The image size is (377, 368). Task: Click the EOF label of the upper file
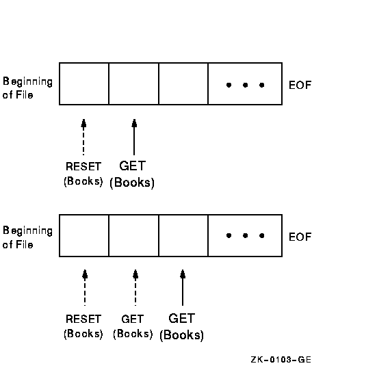click(x=300, y=86)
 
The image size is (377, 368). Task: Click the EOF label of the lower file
click(x=300, y=237)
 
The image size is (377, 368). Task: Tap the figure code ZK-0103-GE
click(x=281, y=360)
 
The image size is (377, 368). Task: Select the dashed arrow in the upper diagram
click(x=83, y=137)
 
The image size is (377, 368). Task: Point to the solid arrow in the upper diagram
click(x=134, y=137)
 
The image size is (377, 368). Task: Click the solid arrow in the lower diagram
click(x=183, y=287)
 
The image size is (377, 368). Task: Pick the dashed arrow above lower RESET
click(x=85, y=287)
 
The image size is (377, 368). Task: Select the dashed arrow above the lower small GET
click(x=135, y=287)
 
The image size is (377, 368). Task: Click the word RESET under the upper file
click(x=83, y=166)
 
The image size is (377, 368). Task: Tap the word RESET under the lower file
click(x=83, y=319)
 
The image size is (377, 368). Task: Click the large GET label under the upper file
click(x=133, y=166)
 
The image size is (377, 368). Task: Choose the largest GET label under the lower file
click(x=182, y=319)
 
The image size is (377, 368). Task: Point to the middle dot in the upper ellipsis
click(x=245, y=85)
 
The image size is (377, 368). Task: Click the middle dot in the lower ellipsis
click(x=245, y=235)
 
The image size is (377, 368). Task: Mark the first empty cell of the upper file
click(x=84, y=83)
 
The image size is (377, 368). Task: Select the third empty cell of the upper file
click(x=183, y=83)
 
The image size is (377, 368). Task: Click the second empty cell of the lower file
click(x=133, y=235)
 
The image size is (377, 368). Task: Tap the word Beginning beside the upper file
click(x=27, y=82)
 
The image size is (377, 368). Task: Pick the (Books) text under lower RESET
click(x=83, y=334)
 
